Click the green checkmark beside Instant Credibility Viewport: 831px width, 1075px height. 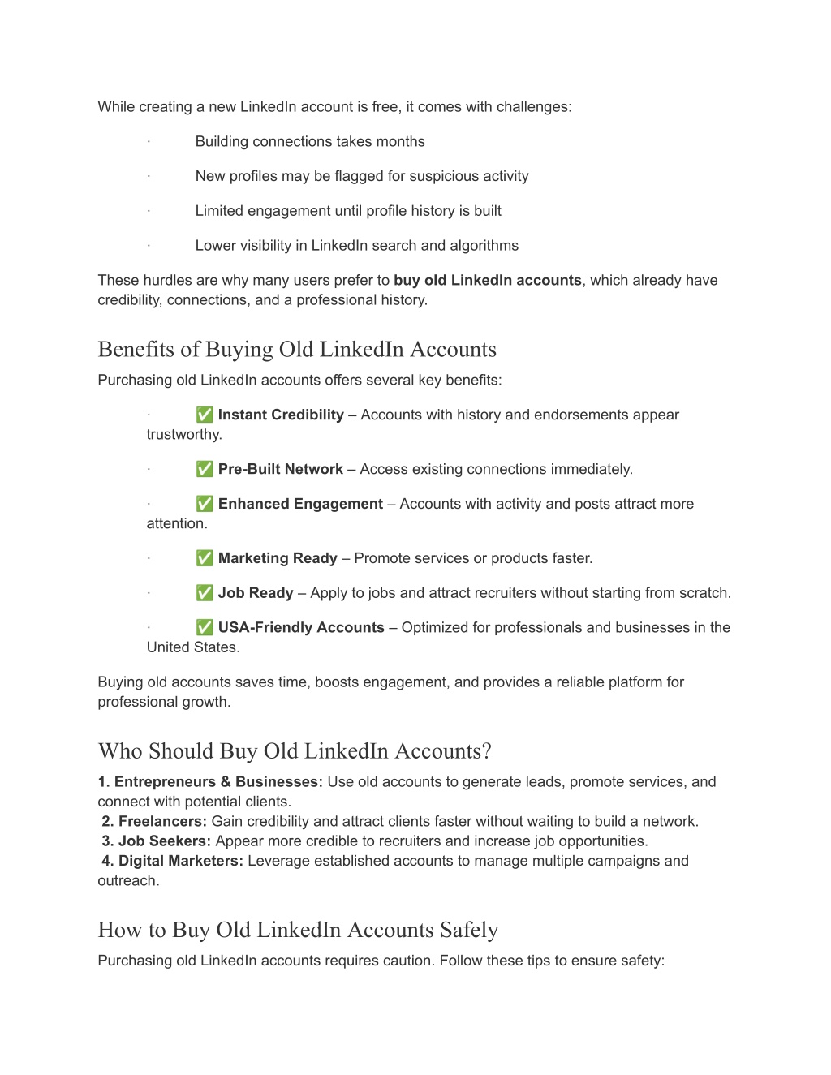(205, 415)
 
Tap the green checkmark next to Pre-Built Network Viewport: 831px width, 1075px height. (205, 469)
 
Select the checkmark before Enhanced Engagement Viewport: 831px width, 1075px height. (205, 504)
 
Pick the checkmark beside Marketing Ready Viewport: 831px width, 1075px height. (205, 558)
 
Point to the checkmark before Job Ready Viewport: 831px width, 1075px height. (205, 593)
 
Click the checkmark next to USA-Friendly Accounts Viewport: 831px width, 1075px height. (205, 627)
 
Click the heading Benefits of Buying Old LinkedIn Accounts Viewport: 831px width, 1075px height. (297, 350)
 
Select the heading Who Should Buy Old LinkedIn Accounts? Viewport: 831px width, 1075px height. (295, 751)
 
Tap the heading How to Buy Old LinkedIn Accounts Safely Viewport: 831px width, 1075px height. (298, 930)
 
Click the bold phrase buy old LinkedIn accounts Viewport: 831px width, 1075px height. (488, 280)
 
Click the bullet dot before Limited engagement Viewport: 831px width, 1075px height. (149, 211)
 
